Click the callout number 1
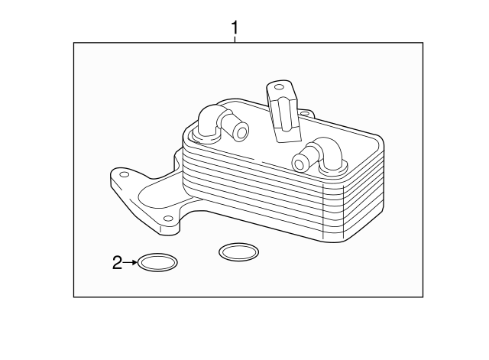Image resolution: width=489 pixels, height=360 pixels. point(235,28)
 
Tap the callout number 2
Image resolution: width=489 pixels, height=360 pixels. point(117,264)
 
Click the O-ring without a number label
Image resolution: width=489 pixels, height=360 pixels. point(238,251)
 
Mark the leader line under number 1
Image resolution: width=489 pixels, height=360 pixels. point(235,39)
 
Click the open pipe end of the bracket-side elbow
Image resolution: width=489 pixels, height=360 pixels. point(241,133)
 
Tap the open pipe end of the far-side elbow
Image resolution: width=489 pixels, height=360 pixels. point(300,162)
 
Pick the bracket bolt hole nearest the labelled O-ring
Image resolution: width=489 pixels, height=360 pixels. point(167,219)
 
